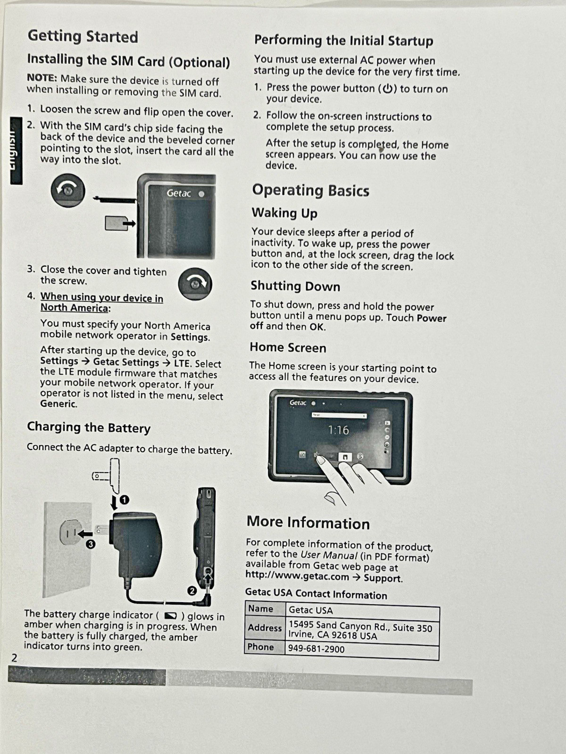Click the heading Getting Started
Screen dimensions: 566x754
coord(83,36)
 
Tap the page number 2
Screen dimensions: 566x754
coord(14,657)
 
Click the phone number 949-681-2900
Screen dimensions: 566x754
coord(316,649)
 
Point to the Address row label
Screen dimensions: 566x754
coord(265,628)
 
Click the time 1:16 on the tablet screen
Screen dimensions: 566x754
coord(338,430)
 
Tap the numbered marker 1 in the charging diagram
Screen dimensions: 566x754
coord(125,500)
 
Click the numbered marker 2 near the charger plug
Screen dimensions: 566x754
coord(192,590)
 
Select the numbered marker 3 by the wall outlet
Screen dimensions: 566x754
coord(91,544)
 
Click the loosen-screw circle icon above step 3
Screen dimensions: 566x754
coord(68,190)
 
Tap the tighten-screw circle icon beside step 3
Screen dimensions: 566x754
coord(195,284)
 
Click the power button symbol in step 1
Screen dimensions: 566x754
coord(388,89)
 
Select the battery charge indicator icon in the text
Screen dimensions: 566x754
coord(170,615)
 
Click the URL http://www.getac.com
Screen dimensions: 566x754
coord(297,576)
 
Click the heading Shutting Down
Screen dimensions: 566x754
coord(295,286)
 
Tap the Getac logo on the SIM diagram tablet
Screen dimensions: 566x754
coord(179,193)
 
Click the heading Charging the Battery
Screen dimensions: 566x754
coord(89,428)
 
